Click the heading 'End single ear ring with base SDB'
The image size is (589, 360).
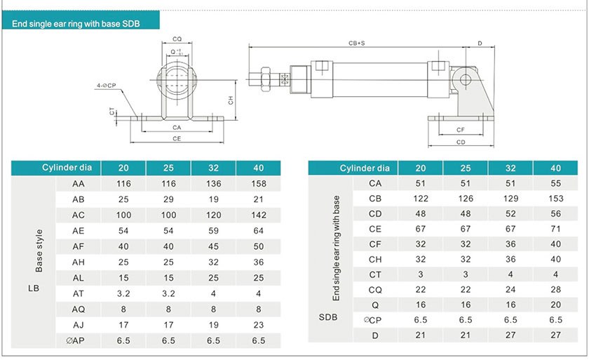pyautogui.click(x=76, y=24)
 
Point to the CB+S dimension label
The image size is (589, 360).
pyautogui.click(x=356, y=44)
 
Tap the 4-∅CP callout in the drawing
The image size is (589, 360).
pyautogui.click(x=107, y=86)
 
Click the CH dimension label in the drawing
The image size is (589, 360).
pyautogui.click(x=231, y=100)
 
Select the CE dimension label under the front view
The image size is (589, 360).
pyautogui.click(x=177, y=139)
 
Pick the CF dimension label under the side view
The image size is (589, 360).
pyautogui.click(x=461, y=130)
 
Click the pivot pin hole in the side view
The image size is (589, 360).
pyautogui.click(x=465, y=80)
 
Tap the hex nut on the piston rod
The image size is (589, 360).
pyautogui.click(x=265, y=79)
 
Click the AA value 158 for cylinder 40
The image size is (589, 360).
pyautogui.click(x=259, y=184)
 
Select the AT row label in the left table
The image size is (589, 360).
pyautogui.click(x=78, y=293)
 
